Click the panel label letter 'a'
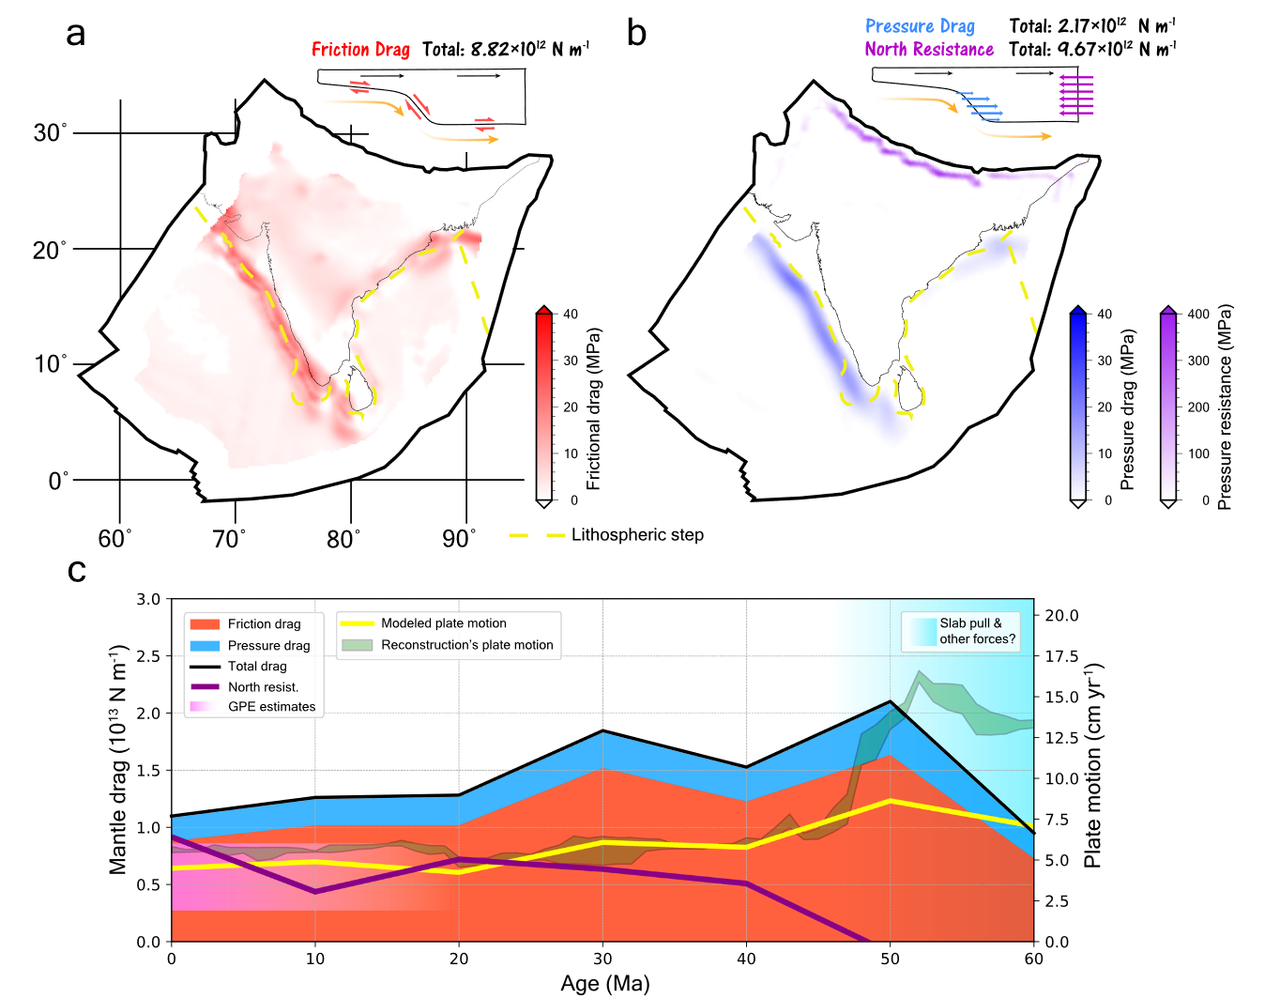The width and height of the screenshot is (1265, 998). (76, 34)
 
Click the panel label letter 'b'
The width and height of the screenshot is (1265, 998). (636, 34)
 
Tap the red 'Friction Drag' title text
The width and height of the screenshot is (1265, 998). (360, 50)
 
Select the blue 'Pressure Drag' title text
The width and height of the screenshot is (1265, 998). (920, 26)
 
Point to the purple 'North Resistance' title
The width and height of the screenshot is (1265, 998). (929, 50)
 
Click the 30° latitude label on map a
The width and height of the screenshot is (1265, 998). (50, 132)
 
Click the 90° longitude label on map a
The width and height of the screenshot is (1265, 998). (458, 539)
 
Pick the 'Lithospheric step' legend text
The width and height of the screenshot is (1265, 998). (637, 535)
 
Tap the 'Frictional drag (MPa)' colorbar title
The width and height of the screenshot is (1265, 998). (594, 408)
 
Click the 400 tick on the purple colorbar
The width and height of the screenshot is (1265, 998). (1198, 315)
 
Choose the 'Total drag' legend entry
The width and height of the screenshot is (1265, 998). (257, 667)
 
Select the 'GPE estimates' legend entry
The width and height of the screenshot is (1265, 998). (271, 707)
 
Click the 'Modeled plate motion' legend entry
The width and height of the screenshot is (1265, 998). (443, 623)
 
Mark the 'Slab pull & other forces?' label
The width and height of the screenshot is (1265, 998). (977, 631)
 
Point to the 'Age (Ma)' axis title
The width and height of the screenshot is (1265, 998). (604, 983)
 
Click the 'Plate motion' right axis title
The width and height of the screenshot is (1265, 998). (1092, 765)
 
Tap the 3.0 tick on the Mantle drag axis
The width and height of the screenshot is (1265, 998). (148, 599)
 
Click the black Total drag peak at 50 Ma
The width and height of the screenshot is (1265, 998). (890, 701)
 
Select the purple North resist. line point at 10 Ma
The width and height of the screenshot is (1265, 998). (315, 891)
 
